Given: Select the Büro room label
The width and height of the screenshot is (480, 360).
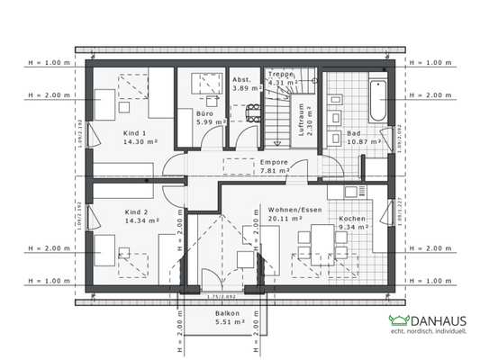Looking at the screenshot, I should tap(206, 113).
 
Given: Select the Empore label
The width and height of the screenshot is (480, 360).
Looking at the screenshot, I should tap(274, 163).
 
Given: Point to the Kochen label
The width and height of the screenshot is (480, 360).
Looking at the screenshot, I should tap(351, 220).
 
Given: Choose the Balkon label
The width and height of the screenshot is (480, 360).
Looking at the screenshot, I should tap(226, 314).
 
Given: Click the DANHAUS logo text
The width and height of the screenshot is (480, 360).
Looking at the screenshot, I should tap(439, 320).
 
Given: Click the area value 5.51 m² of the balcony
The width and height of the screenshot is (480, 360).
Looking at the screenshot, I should tap(226, 323).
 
